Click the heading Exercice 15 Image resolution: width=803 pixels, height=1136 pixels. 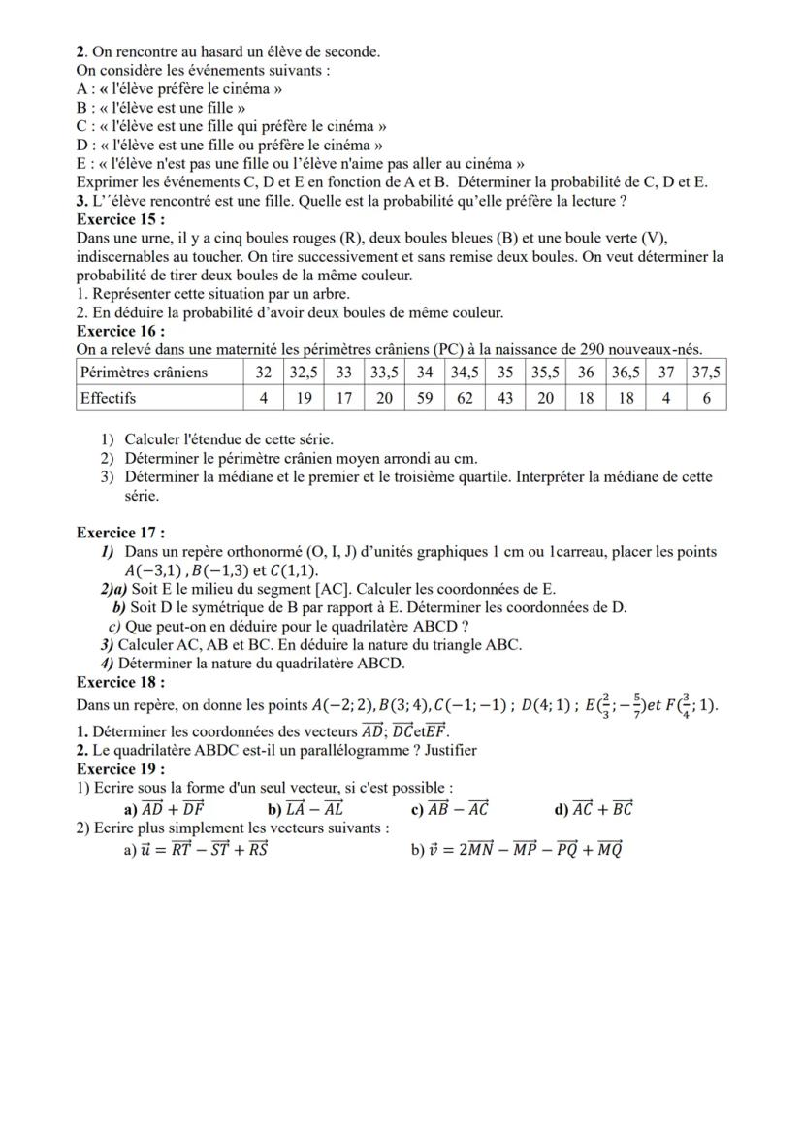(119, 219)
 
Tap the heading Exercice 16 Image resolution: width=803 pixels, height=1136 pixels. (119, 331)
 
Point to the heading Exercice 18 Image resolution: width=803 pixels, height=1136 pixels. (119, 682)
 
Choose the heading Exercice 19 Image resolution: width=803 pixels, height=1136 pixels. (119, 769)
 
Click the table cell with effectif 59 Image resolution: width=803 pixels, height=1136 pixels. (425, 398)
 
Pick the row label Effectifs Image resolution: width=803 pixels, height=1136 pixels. (109, 398)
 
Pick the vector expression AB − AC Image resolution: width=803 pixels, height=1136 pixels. (458, 809)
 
